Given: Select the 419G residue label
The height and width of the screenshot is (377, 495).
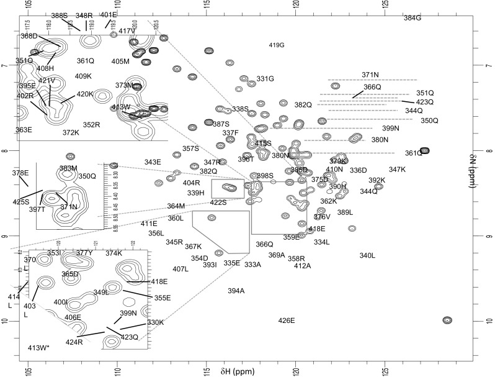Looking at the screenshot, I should tap(277, 45).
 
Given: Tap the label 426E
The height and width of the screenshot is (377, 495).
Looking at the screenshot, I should tap(287, 320).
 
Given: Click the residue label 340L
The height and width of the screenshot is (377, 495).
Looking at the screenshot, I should tap(368, 256).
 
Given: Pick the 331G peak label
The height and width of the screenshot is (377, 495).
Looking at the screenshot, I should tap(265, 79).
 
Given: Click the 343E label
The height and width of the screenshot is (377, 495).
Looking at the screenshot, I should tap(153, 162).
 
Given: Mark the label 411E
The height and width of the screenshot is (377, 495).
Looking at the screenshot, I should tap(149, 224).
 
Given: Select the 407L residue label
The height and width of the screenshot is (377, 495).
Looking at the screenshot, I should tap(181, 269).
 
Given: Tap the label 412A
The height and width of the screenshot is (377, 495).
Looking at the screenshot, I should tap(302, 266).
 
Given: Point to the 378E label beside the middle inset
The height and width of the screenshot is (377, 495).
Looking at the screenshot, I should tap(20, 173).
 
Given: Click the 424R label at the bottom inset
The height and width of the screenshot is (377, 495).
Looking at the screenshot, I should tap(74, 342).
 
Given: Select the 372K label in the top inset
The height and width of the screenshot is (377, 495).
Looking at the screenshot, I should tap(71, 132).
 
